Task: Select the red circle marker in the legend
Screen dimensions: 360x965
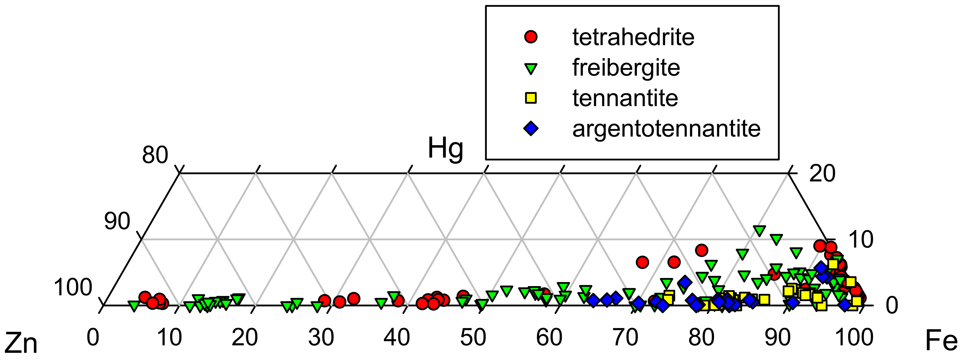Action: [531, 37]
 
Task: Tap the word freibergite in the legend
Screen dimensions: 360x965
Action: [626, 68]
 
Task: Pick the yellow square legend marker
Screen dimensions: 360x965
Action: [531, 98]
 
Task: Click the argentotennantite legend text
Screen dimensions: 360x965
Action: [666, 129]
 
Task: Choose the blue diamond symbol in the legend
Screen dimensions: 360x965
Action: [531, 129]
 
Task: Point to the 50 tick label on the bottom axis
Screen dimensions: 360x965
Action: [473, 338]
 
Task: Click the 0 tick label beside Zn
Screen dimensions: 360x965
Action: [93, 338]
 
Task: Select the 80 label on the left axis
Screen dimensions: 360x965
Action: [155, 155]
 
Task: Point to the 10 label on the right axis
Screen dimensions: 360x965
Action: [861, 240]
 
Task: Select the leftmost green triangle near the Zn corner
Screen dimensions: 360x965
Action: [134, 306]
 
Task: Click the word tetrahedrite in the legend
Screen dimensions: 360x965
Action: [633, 37]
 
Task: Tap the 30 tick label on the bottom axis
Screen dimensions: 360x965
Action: [321, 338]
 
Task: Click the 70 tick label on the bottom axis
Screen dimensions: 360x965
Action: [625, 338]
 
